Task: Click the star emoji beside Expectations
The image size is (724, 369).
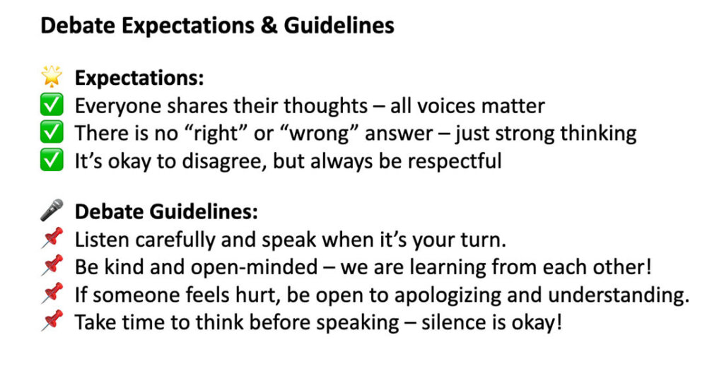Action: click(x=52, y=76)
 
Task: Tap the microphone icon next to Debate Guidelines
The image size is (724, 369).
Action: click(x=52, y=210)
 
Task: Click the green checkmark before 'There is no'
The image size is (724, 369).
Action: click(x=52, y=132)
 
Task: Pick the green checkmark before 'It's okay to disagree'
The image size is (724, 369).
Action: click(x=52, y=160)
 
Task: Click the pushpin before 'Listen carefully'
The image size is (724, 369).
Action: click(x=52, y=239)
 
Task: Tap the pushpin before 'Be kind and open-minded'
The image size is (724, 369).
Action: click(x=52, y=266)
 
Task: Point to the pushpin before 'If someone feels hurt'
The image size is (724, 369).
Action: click(x=52, y=294)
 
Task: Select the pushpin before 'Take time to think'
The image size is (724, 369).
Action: click(x=52, y=321)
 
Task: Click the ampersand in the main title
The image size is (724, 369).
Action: click(x=269, y=25)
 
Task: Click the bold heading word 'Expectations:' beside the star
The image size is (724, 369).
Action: click(x=139, y=78)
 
